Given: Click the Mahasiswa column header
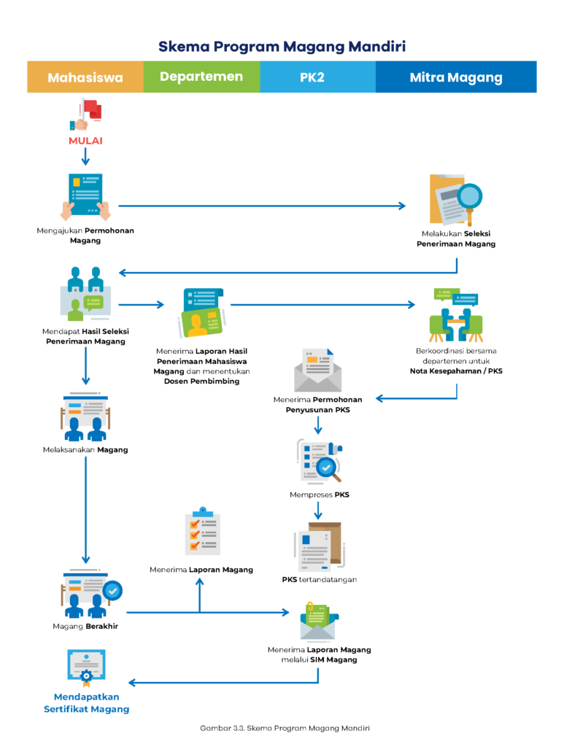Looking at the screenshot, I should tap(85, 77).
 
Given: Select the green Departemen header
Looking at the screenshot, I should tap(201, 77).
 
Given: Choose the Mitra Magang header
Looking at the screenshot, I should tap(456, 77).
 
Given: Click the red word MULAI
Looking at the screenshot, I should tap(85, 140).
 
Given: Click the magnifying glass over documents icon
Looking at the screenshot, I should tap(455, 199).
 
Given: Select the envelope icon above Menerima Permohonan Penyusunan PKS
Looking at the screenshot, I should tap(318, 370).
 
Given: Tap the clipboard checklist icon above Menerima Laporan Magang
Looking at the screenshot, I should tap(202, 532).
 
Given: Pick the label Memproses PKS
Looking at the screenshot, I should tap(319, 495).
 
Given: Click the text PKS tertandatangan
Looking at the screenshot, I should tap(319, 580).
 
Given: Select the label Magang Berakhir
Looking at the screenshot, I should tap(85, 626).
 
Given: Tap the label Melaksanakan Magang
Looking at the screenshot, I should tap(85, 449).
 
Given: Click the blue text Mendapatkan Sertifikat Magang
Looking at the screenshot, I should tap(86, 703).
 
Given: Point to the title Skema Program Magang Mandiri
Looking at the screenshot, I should tap(282, 47).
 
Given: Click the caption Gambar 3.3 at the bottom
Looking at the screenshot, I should tap(282, 728).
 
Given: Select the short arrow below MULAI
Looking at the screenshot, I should tap(85, 156).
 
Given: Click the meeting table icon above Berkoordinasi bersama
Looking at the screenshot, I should tap(456, 315).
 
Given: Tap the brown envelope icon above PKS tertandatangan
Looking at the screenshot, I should tap(321, 546).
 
